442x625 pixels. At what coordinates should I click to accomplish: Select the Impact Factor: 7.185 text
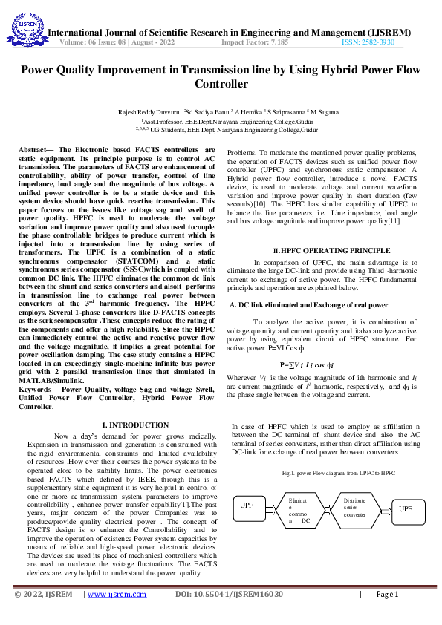pos(255,42)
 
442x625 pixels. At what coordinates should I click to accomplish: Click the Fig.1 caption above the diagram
pos(328,472)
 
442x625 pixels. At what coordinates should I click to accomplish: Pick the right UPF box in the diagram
pos(405,508)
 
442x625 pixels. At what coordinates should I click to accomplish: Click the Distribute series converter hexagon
pos(354,508)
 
